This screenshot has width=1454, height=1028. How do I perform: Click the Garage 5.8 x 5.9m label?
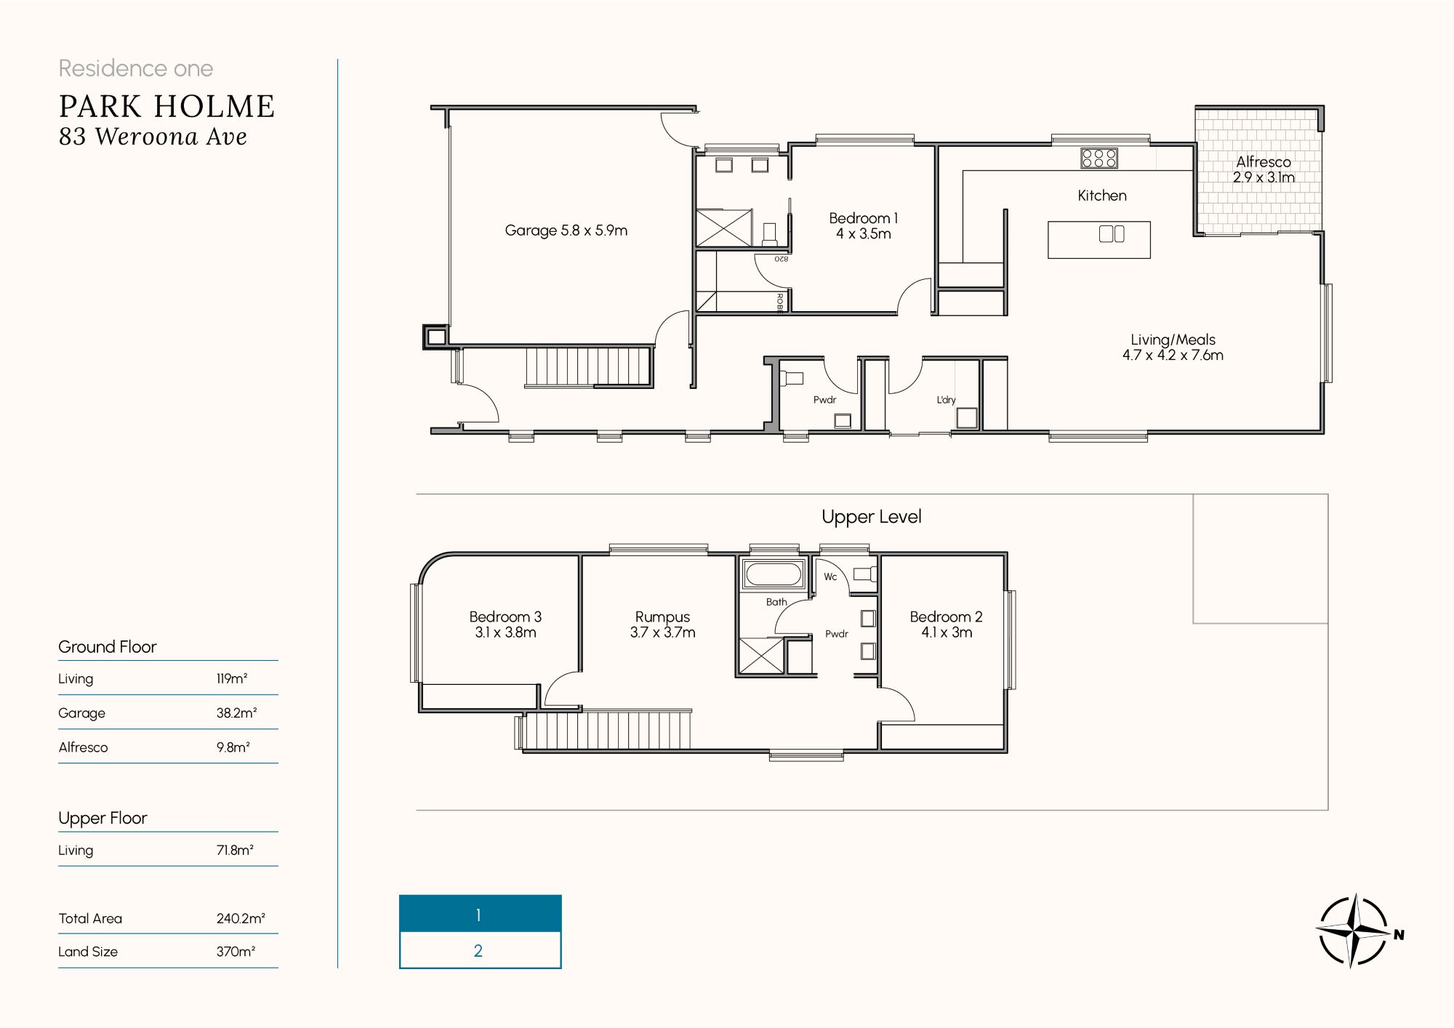click(x=566, y=230)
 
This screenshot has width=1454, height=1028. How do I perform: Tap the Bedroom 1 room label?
click(x=863, y=225)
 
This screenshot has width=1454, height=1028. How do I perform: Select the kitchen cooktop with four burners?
click(x=1098, y=158)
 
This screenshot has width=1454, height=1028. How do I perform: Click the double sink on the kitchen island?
click(x=1112, y=233)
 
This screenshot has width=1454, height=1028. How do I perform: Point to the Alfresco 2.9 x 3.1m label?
click(x=1264, y=169)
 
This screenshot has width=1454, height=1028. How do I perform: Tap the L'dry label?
click(x=946, y=400)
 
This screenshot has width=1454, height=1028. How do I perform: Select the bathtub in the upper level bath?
click(x=773, y=574)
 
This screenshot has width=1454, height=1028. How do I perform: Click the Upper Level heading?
click(x=871, y=517)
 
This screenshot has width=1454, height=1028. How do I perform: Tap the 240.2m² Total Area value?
click(x=241, y=918)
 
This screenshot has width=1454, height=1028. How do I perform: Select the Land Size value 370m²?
click(x=236, y=952)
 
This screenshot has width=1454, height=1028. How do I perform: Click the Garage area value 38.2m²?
click(x=236, y=713)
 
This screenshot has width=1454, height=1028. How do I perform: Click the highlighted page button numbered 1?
click(x=480, y=914)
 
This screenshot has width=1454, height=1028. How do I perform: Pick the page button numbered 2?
click(x=480, y=950)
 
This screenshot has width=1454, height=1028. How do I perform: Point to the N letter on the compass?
click(x=1399, y=935)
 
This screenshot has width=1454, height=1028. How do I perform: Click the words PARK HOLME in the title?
click(x=166, y=107)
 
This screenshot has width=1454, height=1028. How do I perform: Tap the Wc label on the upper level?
click(x=830, y=577)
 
